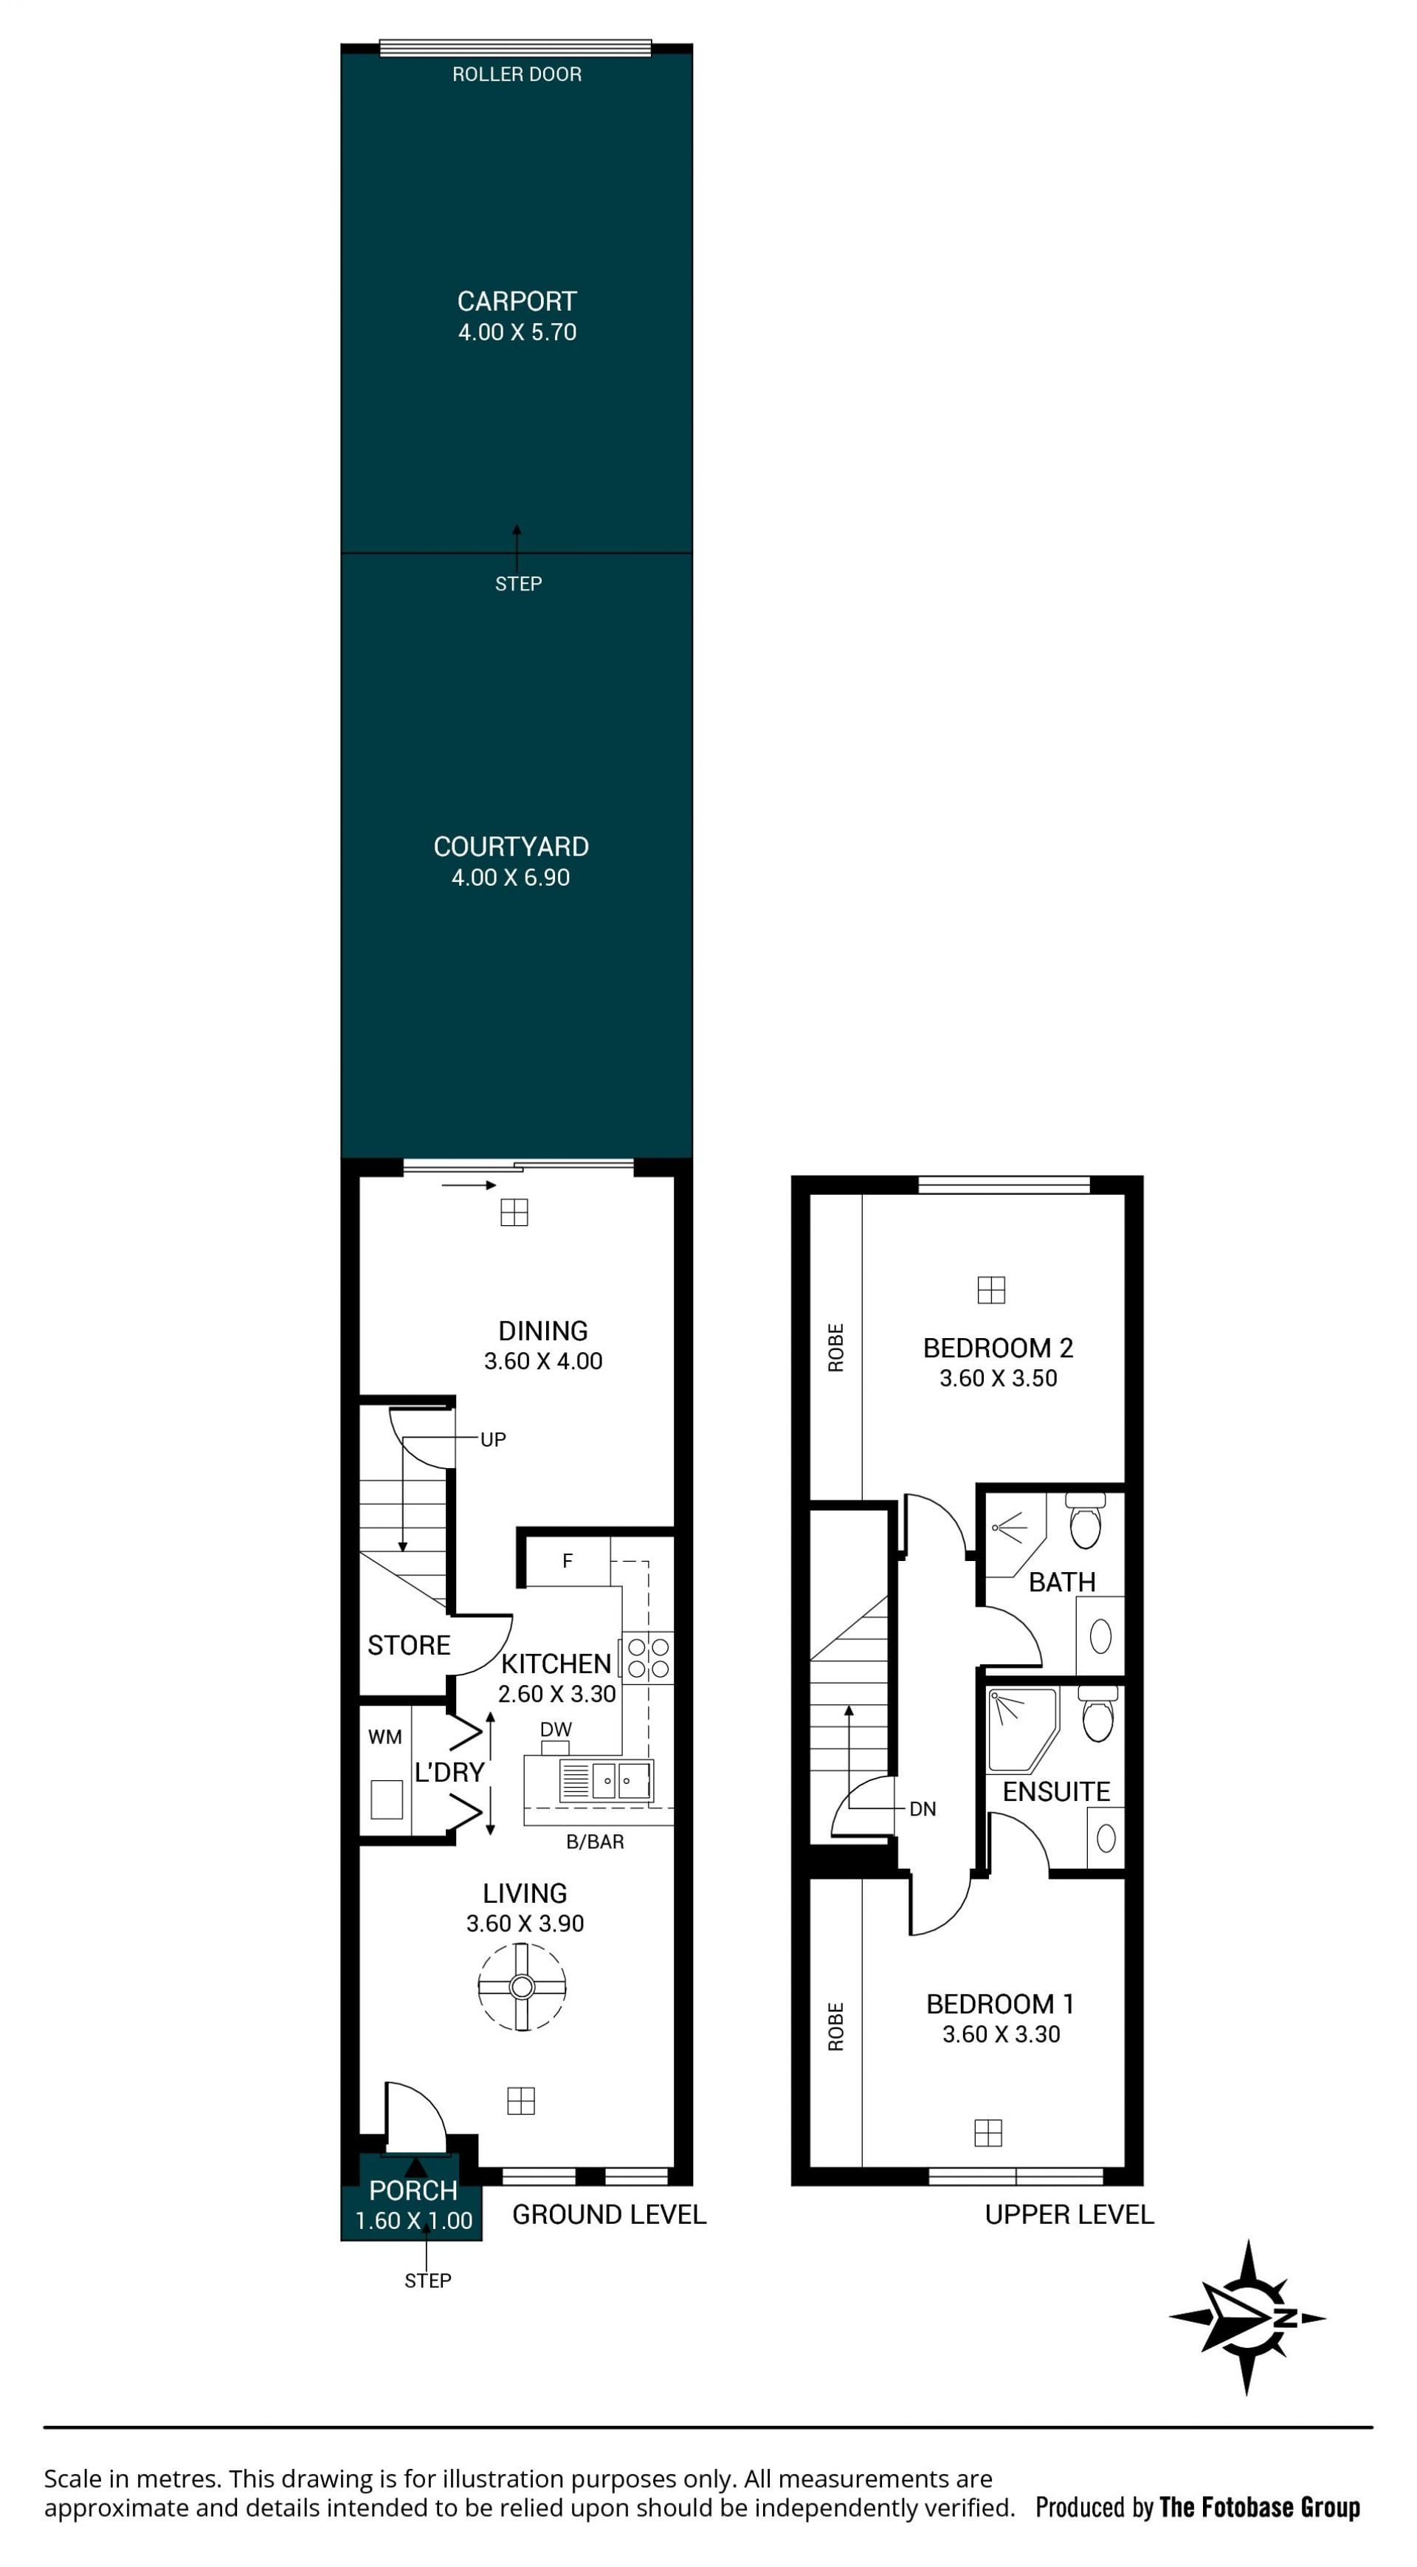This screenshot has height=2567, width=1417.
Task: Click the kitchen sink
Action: (607, 1781)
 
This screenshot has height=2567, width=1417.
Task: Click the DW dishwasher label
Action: (556, 1729)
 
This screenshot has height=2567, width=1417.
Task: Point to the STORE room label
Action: (409, 1645)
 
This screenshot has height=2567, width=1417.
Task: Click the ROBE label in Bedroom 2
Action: (836, 1347)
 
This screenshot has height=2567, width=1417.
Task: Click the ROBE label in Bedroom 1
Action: (836, 2027)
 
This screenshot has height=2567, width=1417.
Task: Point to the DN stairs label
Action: (923, 1809)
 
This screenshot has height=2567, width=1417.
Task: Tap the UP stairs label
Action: (493, 1439)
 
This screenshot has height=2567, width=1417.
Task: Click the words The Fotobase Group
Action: (1260, 2507)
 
